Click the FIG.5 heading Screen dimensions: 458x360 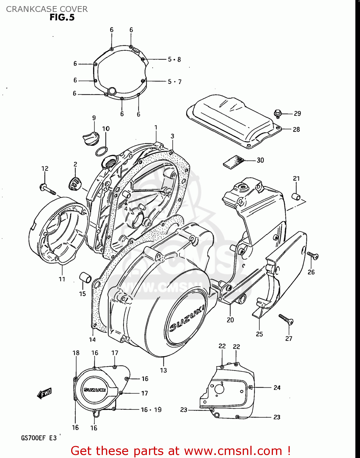(62, 17)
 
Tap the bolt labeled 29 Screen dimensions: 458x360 (278, 113)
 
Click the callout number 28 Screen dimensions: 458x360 (296, 129)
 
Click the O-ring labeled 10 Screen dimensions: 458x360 (101, 151)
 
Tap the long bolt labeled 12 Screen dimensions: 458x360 (47, 189)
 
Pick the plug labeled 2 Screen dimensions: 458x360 (75, 184)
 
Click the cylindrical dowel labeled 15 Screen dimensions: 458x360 (85, 278)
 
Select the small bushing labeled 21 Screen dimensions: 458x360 (296, 196)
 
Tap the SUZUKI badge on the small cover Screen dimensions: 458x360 (95, 390)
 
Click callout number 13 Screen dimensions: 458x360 (163, 370)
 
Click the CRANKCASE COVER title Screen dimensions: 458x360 (47, 9)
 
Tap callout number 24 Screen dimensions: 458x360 (277, 387)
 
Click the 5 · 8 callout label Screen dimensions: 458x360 (174, 60)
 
